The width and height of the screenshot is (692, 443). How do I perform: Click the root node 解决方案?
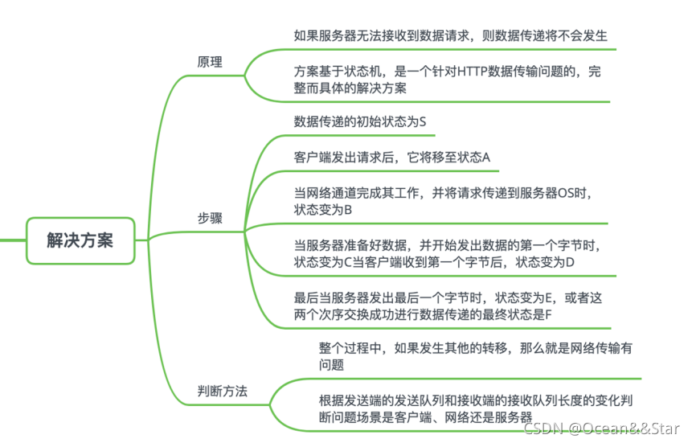[x=80, y=240]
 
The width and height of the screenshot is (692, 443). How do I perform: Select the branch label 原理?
[x=210, y=62]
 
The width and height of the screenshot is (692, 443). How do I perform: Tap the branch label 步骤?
[x=210, y=218]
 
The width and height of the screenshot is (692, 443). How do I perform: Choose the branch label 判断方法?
[x=222, y=392]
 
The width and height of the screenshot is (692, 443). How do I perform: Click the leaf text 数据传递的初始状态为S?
[x=359, y=121]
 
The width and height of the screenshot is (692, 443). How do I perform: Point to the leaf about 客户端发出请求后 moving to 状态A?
[x=391, y=157]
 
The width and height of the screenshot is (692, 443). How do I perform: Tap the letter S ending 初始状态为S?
[x=422, y=121]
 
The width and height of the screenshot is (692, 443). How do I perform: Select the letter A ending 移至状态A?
[x=485, y=157]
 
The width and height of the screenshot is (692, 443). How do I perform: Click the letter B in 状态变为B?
[x=349, y=209]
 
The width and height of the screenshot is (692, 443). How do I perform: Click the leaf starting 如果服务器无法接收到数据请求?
[x=450, y=35]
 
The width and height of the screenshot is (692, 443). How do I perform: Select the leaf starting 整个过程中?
[x=475, y=356]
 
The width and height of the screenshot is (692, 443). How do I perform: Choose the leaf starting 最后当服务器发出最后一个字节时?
[x=448, y=306]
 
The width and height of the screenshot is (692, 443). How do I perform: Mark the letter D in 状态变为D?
[x=570, y=262]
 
